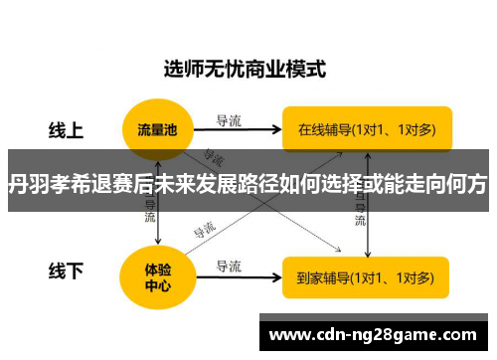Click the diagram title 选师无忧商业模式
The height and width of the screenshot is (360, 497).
click(244, 72)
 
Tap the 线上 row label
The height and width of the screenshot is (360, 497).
click(67, 130)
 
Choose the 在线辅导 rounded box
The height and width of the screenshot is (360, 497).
click(365, 129)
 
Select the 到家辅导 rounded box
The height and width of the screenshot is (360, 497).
click(365, 276)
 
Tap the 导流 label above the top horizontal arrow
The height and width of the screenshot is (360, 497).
click(230, 119)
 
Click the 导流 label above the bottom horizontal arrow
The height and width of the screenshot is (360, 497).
click(230, 265)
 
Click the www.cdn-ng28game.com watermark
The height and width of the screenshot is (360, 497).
click(375, 332)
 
